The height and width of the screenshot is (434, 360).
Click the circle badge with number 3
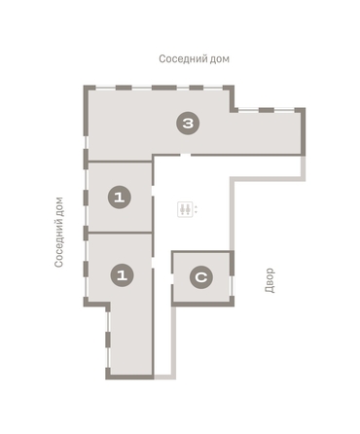click(188, 124)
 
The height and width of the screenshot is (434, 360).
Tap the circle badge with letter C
click(201, 277)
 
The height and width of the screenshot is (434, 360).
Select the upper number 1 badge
click(120, 198)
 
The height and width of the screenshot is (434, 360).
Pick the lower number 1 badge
click(122, 275)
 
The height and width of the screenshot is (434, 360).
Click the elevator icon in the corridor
click(185, 209)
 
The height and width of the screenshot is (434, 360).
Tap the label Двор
click(270, 280)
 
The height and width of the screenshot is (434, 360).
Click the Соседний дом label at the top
click(194, 59)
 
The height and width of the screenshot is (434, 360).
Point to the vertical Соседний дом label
click(59, 233)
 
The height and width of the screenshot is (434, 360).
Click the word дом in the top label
click(219, 59)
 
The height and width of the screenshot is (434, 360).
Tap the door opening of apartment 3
click(185, 155)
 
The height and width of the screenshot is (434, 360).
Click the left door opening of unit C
click(172, 278)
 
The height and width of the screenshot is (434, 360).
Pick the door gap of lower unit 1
click(153, 263)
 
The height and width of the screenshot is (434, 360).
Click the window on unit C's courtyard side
click(232, 285)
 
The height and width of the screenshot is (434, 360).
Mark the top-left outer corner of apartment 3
click(84, 86)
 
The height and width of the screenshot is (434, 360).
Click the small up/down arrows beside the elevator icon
click(196, 209)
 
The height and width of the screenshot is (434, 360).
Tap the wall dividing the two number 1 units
click(121, 233)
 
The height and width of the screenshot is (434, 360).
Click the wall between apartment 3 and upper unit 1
click(121, 162)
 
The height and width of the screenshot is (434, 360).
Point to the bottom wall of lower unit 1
click(129, 377)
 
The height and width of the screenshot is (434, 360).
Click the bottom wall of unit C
click(202, 304)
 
